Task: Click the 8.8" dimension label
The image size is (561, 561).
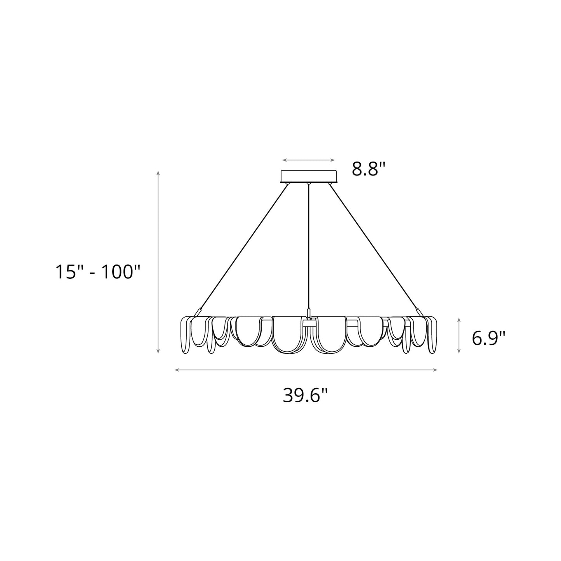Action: pos(369,168)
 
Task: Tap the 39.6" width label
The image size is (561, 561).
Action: pos(305,395)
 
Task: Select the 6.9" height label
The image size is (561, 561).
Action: pos(488,338)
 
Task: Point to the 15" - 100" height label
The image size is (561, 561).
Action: pos(97,271)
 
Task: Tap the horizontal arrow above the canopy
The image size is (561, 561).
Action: pos(309,160)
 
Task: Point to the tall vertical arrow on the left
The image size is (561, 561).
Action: pos(158,262)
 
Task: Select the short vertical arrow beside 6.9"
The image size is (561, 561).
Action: pos(459,335)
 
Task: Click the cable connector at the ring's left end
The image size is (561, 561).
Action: pos(198,312)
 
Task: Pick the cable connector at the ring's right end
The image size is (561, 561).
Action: pos(419,312)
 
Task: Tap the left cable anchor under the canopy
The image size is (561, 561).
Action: pos(287,183)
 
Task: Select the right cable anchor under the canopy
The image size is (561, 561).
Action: pos(330,183)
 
